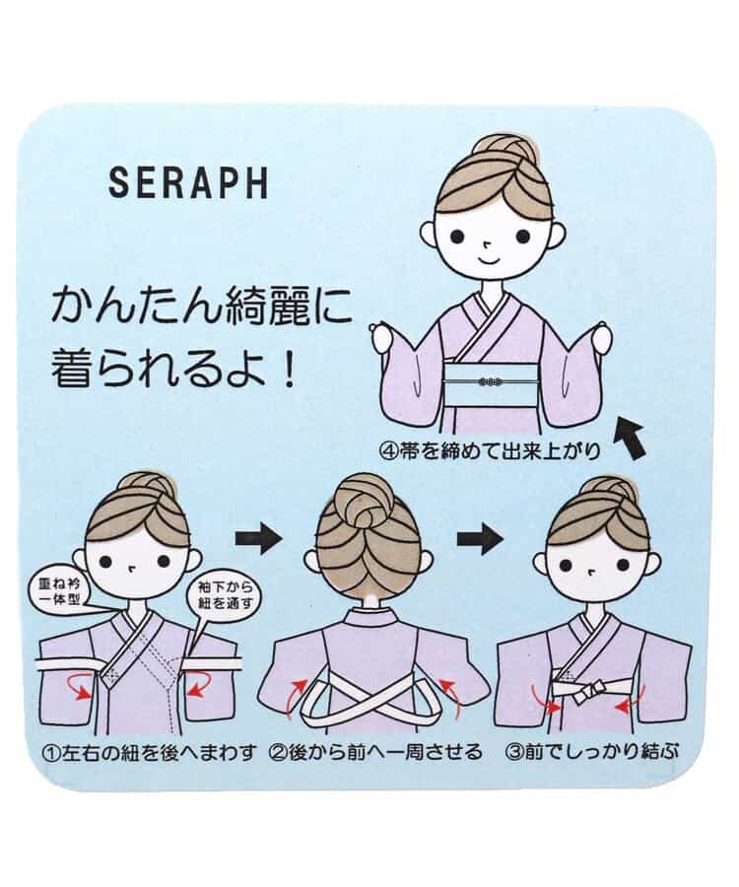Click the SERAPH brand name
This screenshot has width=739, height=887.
click(x=188, y=181)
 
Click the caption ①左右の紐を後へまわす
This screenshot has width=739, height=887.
click(x=149, y=753)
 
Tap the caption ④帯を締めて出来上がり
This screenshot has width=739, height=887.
click(x=492, y=451)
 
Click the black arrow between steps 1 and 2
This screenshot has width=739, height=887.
click(x=258, y=538)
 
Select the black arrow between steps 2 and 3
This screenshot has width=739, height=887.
click(x=480, y=538)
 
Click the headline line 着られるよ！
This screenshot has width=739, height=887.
click(x=174, y=369)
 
